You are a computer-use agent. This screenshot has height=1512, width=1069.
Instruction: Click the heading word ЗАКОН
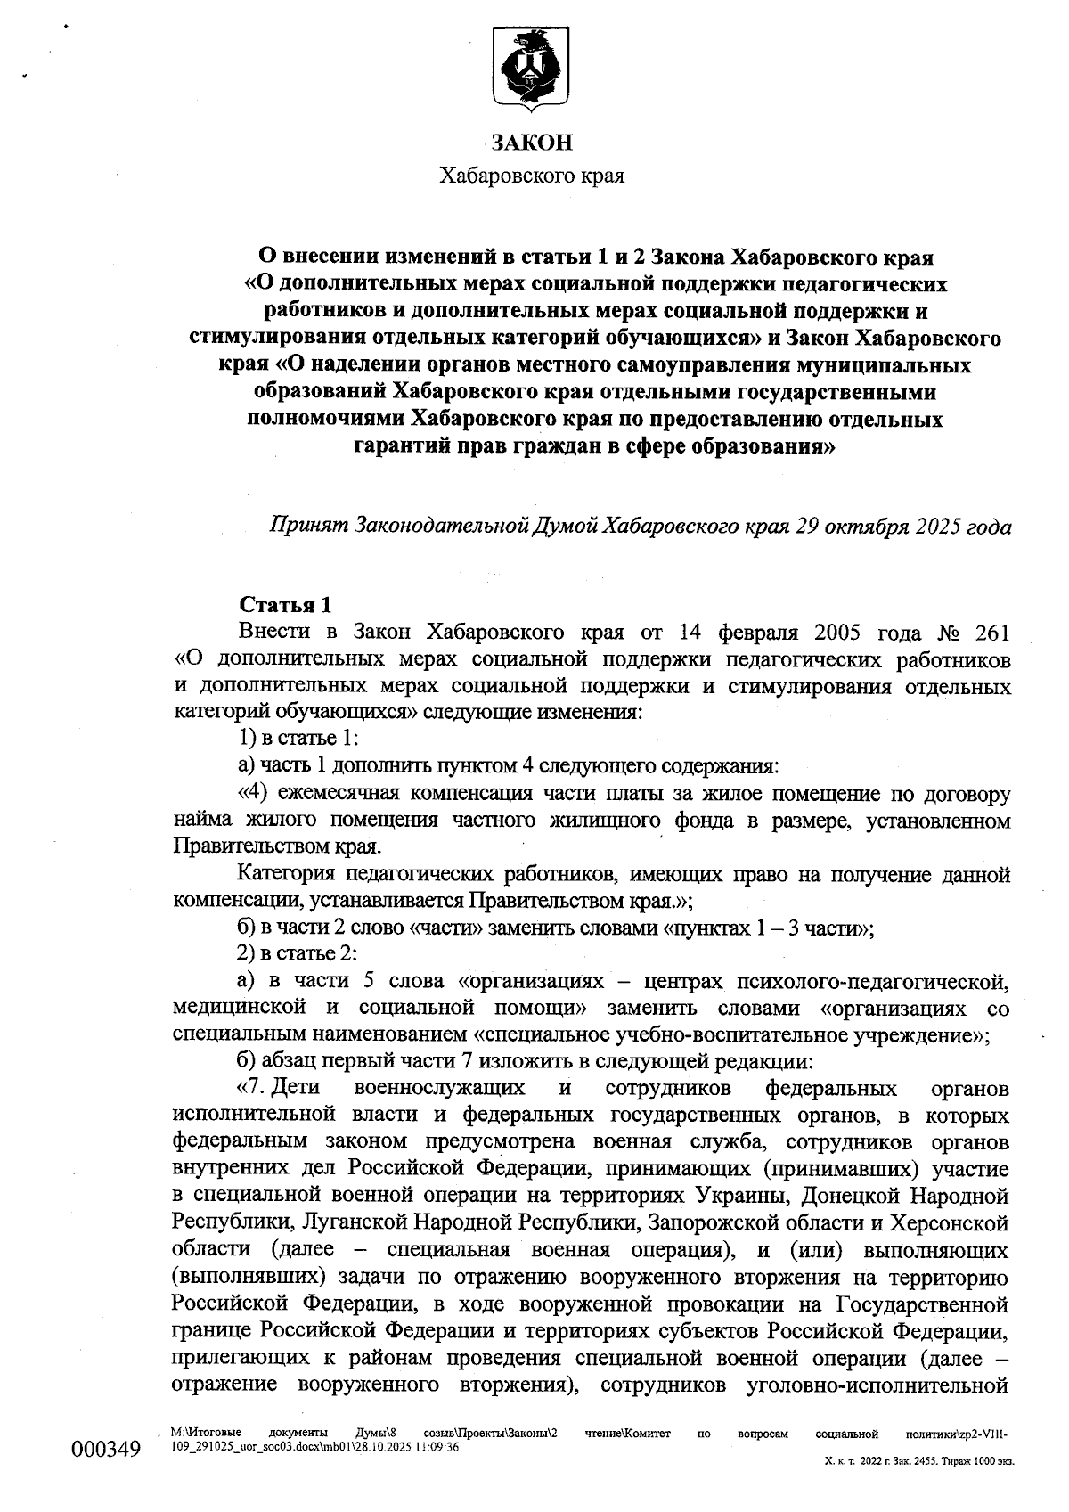pyautogui.click(x=532, y=143)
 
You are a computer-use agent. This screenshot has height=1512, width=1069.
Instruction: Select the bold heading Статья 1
pyautogui.click(x=286, y=606)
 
